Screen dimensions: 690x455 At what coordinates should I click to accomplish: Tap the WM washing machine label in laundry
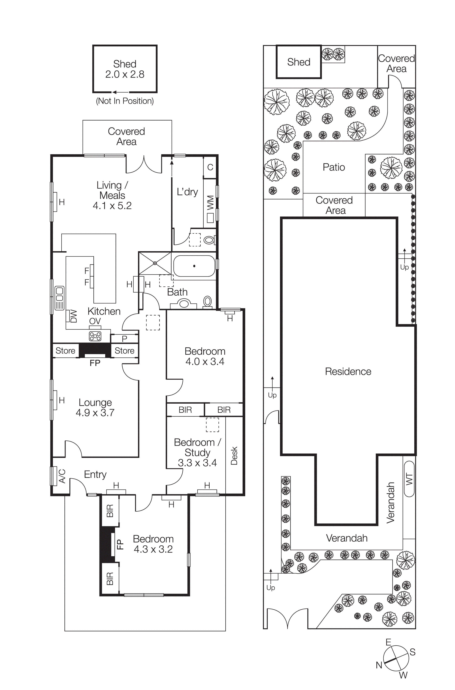pos(210,203)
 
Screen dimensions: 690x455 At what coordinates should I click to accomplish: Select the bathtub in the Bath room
pos(194,266)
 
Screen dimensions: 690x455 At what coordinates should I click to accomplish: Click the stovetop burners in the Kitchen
pos(95,336)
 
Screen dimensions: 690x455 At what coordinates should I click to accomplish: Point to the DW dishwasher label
pos(74,316)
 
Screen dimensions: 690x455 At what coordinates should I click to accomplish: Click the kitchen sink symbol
pos(60,298)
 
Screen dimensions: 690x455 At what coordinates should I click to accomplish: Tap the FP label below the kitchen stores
pos(95,363)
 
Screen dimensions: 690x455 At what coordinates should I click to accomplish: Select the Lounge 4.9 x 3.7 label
pos(95,407)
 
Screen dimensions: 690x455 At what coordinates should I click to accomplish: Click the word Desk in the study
pos(234,456)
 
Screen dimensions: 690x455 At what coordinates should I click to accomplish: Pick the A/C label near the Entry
pos(62,476)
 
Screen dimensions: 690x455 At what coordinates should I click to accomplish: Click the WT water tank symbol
pos(409,479)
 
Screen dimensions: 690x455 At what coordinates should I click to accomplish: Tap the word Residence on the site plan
pos(348,371)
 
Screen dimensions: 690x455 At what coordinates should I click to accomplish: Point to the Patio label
pos(334,167)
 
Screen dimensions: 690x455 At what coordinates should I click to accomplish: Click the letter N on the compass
pos(379,665)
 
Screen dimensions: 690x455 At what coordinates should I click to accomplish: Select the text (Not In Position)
pos(125,101)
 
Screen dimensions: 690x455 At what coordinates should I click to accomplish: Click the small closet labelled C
pos(210,167)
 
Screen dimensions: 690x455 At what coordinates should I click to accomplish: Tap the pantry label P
pos(124,339)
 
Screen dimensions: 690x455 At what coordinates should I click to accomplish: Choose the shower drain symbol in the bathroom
pos(155,263)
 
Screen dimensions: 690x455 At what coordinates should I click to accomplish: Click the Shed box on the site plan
pos(299,62)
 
